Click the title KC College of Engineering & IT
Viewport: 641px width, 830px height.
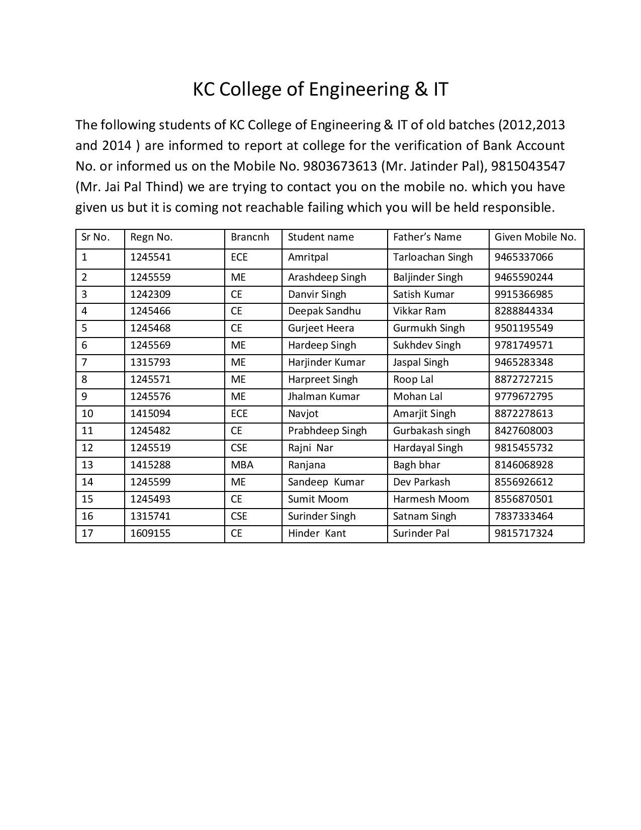click(320, 90)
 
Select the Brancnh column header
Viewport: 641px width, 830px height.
click(250, 237)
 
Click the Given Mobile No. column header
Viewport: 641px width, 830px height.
click(535, 237)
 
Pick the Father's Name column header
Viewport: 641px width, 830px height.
click(427, 237)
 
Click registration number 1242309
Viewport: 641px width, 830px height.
click(150, 295)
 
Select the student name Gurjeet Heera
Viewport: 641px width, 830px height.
click(321, 328)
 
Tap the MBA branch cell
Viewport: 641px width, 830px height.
click(242, 465)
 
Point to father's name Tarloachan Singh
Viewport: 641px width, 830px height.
click(433, 258)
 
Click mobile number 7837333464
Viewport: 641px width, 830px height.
click(523, 517)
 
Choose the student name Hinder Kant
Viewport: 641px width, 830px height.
click(317, 534)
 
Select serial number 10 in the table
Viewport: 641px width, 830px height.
click(87, 414)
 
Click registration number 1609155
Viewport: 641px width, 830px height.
click(150, 534)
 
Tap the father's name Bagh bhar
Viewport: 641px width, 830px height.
click(416, 465)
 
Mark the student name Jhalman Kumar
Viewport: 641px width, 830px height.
click(324, 397)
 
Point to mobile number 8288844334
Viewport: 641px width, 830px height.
click(523, 311)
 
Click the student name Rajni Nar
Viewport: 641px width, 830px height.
click(310, 448)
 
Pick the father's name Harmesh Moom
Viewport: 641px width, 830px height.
click(431, 500)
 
